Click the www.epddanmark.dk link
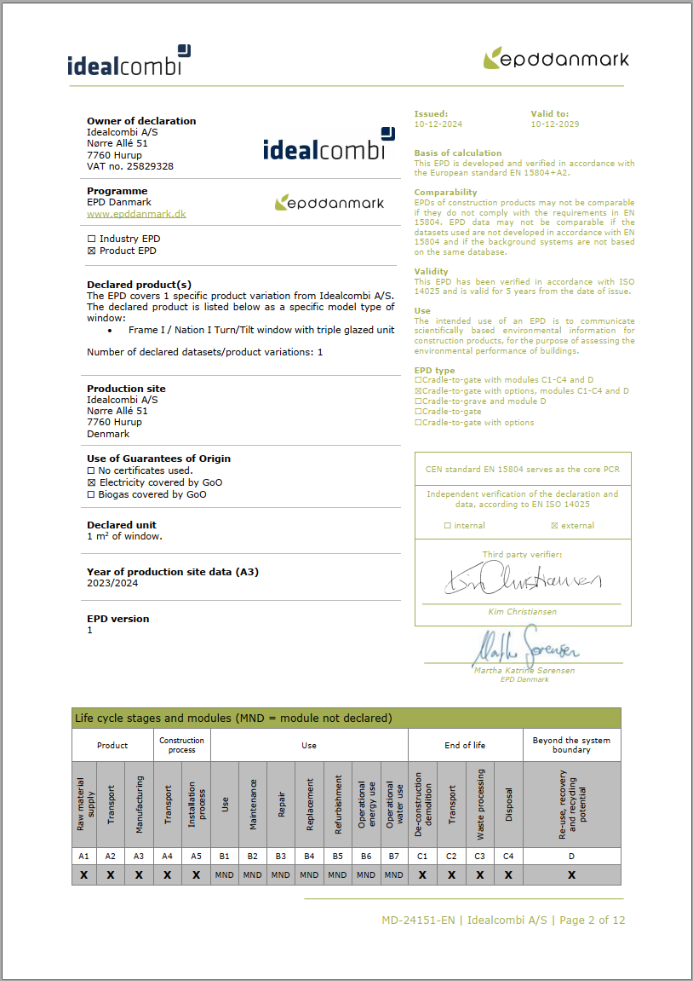coord(136,214)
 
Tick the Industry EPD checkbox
coord(91,239)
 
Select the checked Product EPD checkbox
coord(91,251)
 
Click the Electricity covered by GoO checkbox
coord(91,482)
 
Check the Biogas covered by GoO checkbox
coord(91,494)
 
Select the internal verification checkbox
coord(448,526)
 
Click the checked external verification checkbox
coord(555,526)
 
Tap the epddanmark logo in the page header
coord(556,59)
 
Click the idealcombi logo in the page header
coord(129,62)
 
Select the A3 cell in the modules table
coord(139,856)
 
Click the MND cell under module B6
coord(366,874)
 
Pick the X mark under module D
coord(571,874)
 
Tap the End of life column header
coord(465,745)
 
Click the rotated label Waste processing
coord(479,805)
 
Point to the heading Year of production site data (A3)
coord(173,572)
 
